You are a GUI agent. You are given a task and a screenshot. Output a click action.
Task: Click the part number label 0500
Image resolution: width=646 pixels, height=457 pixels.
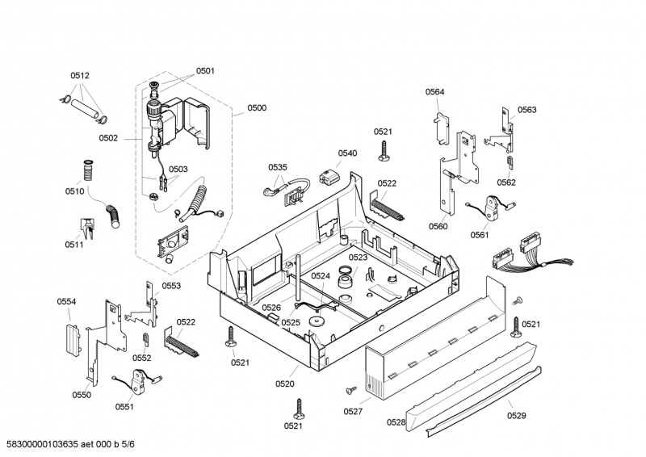click(257, 107)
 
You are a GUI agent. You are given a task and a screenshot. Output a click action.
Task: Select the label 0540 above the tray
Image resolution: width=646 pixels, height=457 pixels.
click(347, 153)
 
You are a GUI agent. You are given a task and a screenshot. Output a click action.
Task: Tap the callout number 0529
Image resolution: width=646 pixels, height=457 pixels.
click(516, 416)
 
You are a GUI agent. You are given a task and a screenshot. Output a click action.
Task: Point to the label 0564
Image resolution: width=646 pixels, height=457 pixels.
click(434, 92)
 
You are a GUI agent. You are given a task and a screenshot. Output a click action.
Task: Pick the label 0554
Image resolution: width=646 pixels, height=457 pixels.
click(66, 301)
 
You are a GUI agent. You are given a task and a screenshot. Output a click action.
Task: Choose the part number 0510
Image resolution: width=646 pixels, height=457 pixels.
click(74, 191)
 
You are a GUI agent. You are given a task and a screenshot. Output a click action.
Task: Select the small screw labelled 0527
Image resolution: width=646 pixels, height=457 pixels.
click(350, 390)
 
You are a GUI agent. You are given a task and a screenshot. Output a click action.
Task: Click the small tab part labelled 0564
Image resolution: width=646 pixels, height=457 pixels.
click(439, 120)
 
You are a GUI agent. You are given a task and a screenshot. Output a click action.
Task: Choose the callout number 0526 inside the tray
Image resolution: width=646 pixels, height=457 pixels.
click(272, 308)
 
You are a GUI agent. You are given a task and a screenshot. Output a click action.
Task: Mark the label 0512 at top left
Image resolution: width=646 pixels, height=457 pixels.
click(79, 75)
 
